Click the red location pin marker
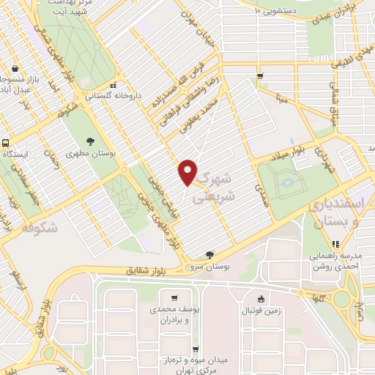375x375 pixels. [x=188, y=171]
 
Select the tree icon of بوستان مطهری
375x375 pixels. [x=91, y=141]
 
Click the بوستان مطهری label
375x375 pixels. [x=91, y=156]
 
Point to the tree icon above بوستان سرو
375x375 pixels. [x=210, y=255]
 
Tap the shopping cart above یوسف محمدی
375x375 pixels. [x=174, y=298]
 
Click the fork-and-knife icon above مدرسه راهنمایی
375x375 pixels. [x=336, y=245]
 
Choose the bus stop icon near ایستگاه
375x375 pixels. [x=5, y=144]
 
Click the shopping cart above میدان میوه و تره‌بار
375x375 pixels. [x=195, y=349]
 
